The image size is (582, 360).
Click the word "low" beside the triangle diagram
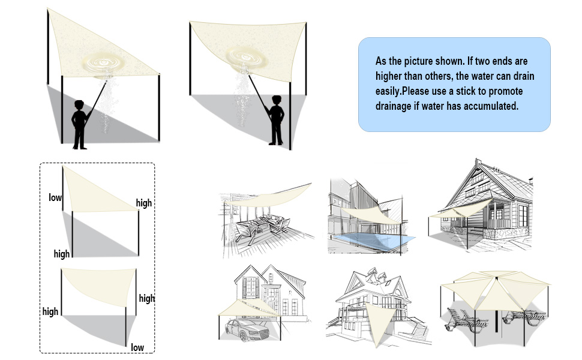55,197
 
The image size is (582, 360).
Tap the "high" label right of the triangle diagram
144,203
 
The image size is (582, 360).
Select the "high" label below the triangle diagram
62,254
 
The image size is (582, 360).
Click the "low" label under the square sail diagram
137,347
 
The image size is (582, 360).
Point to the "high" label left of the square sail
50,311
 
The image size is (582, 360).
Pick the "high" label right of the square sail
147,298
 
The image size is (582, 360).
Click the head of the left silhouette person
79,105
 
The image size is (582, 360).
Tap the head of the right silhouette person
277,100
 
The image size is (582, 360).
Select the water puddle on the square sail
247,58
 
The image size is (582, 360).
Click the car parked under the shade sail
247,330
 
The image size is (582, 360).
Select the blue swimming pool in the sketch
372,241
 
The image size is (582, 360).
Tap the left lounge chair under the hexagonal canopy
466,320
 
